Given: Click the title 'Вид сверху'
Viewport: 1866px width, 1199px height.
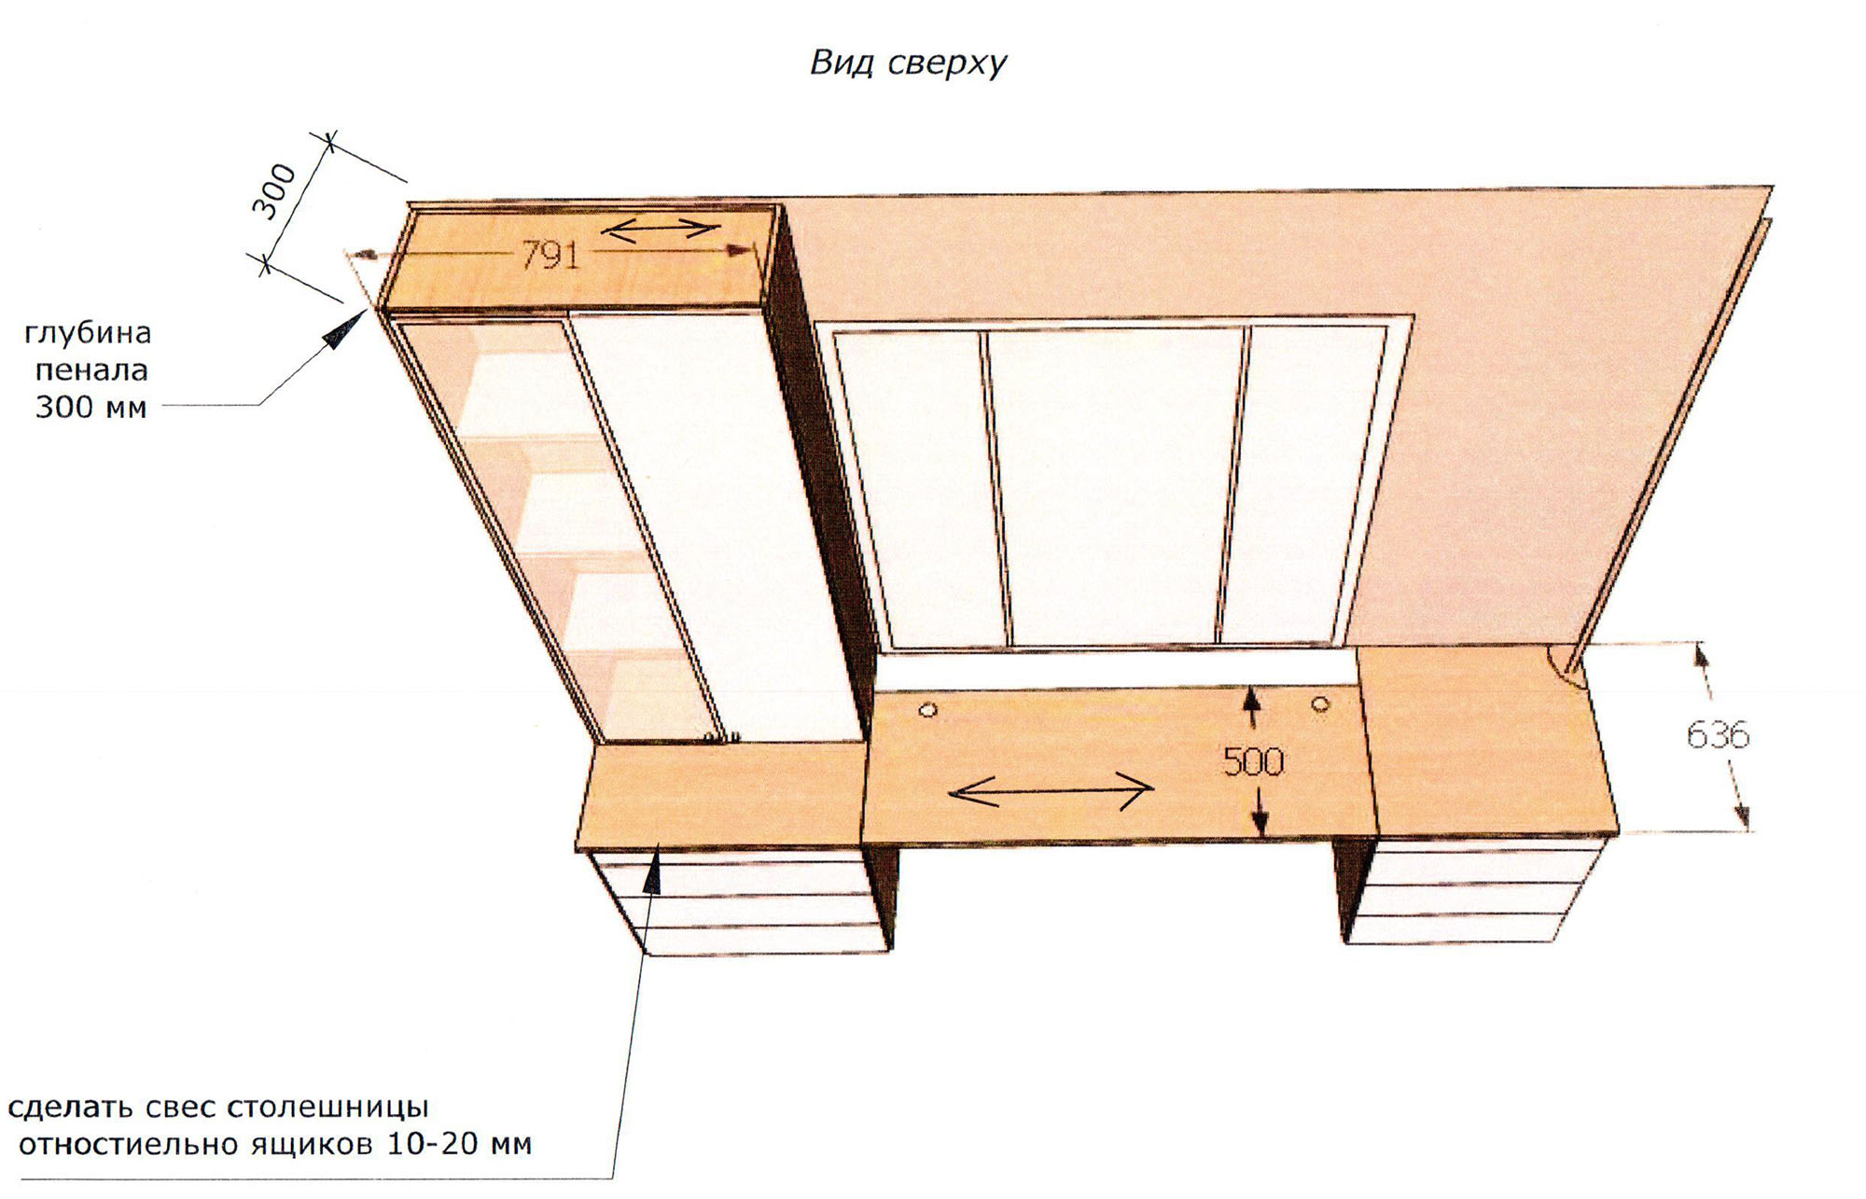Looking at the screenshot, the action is click(908, 63).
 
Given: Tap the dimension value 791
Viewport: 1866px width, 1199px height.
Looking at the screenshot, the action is click(550, 255).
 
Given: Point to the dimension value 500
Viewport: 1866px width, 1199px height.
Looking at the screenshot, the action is click(1253, 763).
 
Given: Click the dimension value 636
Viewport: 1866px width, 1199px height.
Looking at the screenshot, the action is click(1718, 735).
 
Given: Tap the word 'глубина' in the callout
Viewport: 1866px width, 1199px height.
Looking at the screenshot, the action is click(88, 334).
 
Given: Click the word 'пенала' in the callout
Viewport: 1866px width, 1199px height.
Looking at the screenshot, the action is click(91, 370).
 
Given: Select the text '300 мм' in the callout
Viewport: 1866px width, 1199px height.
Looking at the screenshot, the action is click(91, 408).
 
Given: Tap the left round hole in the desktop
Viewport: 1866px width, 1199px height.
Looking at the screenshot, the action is click(927, 712).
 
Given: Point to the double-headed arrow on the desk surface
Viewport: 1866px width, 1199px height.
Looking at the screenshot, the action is click(1051, 791).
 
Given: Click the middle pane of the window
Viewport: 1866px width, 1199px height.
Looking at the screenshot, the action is click(1115, 485).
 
